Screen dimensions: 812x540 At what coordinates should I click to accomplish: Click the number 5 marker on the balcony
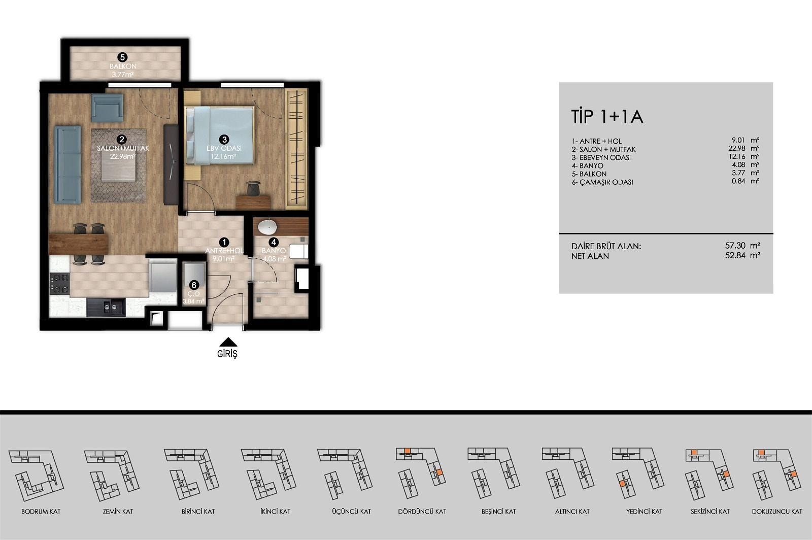tap(122, 57)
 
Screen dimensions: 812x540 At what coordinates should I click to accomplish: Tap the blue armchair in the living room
tap(107, 108)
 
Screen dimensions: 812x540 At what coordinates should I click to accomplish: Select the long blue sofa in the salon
tap(68, 164)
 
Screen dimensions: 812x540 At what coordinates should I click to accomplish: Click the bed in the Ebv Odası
tap(219, 136)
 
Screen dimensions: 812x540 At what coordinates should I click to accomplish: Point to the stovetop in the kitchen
tap(59, 283)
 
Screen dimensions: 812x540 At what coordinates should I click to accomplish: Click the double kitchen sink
tap(106, 308)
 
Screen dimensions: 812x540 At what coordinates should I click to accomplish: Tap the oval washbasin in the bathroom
tap(267, 227)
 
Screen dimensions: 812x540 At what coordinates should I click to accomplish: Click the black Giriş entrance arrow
tap(228, 342)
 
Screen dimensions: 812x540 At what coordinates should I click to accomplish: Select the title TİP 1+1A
tap(607, 117)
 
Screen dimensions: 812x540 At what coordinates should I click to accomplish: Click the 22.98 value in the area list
tap(736, 148)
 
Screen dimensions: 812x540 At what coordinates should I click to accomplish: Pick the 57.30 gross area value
tap(735, 245)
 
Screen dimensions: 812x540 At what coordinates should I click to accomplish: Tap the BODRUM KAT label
tap(41, 512)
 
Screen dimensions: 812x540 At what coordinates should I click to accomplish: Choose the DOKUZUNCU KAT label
tap(777, 512)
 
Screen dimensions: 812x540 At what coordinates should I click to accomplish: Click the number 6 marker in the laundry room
tap(194, 285)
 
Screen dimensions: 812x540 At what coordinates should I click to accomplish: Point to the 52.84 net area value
tap(735, 255)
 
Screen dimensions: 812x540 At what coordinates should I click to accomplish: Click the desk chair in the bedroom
tap(253, 188)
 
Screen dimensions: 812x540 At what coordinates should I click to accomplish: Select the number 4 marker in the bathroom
tap(274, 242)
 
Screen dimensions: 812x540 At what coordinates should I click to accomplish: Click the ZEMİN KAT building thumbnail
tap(112, 475)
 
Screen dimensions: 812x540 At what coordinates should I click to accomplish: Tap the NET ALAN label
tap(590, 256)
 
